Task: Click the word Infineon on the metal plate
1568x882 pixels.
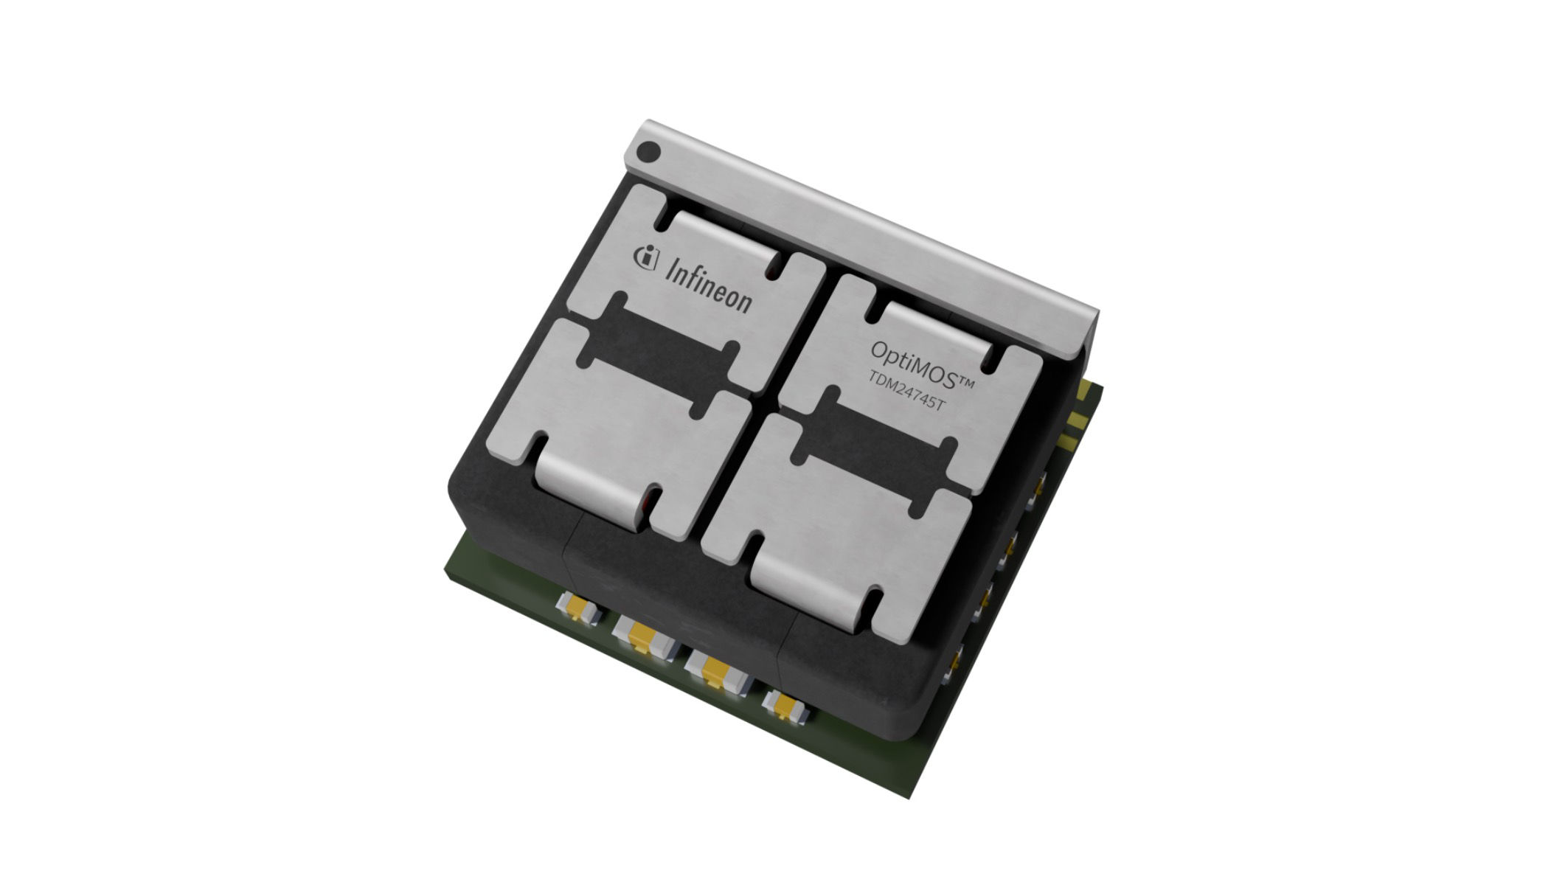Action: [708, 285]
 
